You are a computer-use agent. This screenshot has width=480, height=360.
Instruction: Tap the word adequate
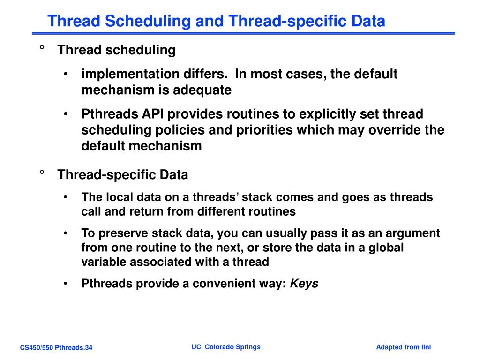click(x=202, y=90)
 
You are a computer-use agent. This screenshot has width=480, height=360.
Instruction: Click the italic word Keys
click(x=304, y=284)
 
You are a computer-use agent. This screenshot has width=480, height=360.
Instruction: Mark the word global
click(x=386, y=247)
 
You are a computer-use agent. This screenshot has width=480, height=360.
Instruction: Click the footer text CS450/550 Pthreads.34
click(x=56, y=347)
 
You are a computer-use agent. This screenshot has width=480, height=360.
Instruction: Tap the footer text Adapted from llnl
click(x=403, y=347)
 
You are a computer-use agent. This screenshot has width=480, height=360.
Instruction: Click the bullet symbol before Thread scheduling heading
click(x=42, y=48)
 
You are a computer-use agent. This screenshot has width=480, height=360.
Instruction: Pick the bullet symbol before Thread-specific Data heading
click(x=42, y=173)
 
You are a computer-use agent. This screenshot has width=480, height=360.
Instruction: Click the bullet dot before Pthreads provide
click(x=67, y=284)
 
